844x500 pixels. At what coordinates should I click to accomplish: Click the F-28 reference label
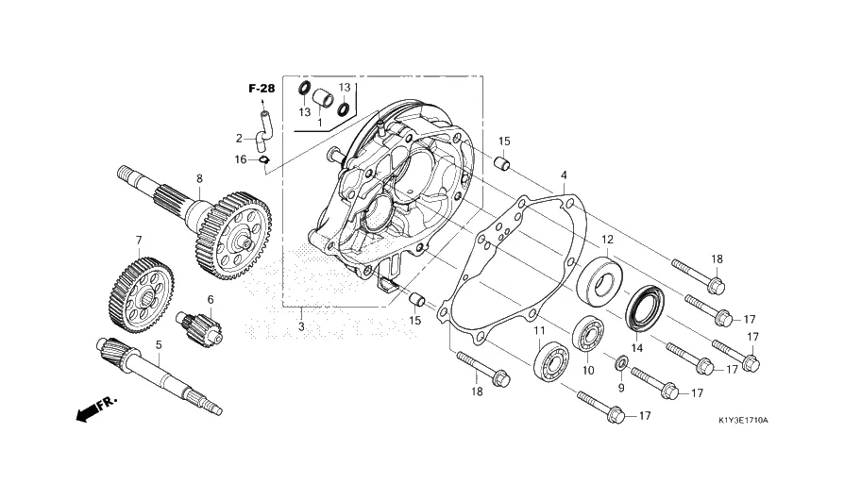coord(262,89)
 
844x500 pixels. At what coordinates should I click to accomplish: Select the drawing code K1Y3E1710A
coord(743,420)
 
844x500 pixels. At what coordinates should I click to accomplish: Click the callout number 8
coord(200,178)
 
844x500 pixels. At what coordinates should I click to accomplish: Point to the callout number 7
coord(139,240)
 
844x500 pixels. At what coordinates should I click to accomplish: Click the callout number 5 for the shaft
coord(159,344)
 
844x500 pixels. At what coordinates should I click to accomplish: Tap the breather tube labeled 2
coord(264,127)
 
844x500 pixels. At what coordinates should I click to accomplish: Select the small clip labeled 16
coord(264,159)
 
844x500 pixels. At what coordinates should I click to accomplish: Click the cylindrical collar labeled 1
coord(324,98)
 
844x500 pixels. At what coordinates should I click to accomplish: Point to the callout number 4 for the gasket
coord(565,175)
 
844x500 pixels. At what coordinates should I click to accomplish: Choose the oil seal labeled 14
coord(645,307)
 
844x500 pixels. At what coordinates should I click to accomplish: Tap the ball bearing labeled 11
coord(551,360)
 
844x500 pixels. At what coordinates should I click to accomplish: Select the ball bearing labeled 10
coord(587,336)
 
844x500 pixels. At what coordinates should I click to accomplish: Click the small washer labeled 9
coord(620,362)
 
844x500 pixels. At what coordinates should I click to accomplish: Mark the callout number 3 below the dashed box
coord(301,326)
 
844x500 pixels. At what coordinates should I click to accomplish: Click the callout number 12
coord(608,240)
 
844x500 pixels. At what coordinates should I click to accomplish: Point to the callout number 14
coord(637,348)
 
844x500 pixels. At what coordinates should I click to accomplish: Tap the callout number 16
coord(241,159)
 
